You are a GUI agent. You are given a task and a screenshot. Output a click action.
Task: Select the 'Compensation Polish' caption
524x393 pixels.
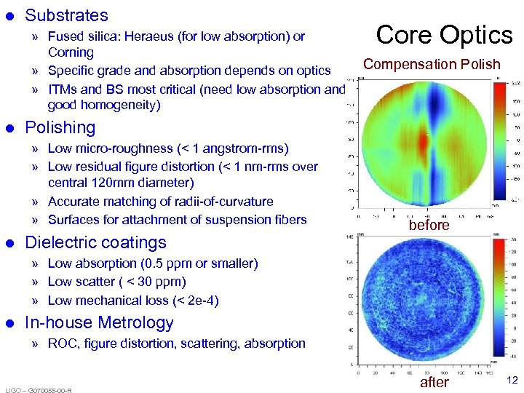432,64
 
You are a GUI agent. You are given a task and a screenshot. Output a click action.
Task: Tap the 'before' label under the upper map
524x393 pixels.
429,226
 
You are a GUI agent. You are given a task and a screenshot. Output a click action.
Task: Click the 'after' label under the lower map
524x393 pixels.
434,382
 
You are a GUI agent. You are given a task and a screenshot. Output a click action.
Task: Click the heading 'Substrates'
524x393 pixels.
66,15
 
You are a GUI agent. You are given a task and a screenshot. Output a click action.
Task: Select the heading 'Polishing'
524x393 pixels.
60,127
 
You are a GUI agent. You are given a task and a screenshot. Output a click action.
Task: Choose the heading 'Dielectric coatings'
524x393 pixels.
95,242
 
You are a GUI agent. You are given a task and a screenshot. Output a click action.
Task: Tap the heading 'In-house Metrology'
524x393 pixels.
99,322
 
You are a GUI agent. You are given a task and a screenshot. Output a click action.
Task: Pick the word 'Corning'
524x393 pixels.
71,52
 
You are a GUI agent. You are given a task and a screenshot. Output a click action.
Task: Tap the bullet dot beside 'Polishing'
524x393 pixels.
10,128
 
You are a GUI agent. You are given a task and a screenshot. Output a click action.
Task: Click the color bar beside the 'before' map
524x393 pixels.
501,139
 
